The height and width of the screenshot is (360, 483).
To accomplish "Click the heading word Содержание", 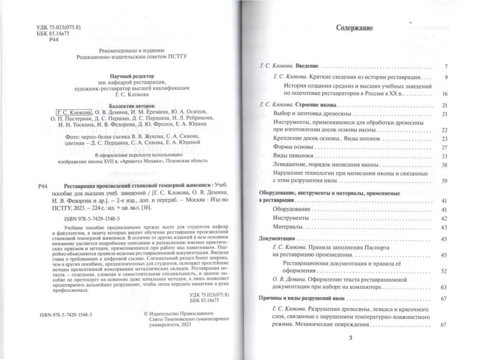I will coord(355,28).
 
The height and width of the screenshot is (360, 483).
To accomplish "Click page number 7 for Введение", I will coord(447,66).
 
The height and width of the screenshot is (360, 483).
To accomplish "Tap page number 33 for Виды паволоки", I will coord(445,156).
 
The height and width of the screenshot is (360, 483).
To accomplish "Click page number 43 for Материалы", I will coord(445,227).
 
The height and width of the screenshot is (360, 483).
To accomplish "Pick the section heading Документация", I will coord(277,239).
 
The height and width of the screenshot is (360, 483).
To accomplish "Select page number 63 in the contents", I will coord(445,287).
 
